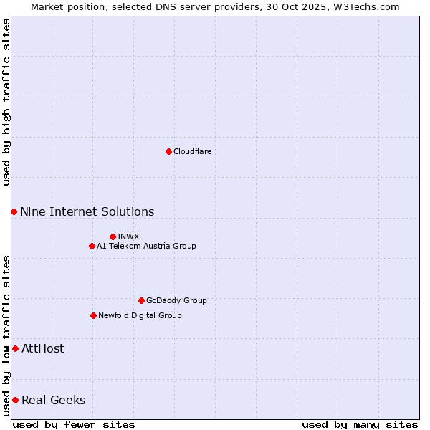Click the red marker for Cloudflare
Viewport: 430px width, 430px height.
click(168, 151)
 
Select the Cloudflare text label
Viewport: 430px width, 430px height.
click(192, 151)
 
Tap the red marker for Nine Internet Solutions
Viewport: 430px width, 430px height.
click(14, 211)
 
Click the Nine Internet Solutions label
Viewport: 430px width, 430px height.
click(87, 211)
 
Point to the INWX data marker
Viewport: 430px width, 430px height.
click(113, 236)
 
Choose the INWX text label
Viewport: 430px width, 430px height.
click(128, 236)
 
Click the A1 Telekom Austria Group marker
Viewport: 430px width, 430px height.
click(92, 246)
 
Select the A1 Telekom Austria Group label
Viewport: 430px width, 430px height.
click(146, 246)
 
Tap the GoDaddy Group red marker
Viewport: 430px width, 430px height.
click(141, 300)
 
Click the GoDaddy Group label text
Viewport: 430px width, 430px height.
click(176, 300)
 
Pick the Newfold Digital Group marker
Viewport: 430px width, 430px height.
click(93, 315)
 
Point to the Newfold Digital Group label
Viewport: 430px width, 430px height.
click(140, 315)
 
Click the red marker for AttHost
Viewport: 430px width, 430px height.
click(15, 348)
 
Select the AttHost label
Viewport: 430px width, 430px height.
click(42, 348)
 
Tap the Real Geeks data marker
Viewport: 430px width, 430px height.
click(15, 400)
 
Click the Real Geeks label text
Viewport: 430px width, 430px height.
click(53, 400)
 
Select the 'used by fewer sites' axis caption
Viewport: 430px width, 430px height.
click(74, 424)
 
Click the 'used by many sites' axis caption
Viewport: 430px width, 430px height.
click(360, 424)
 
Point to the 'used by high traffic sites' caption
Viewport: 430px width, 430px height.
click(6, 102)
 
